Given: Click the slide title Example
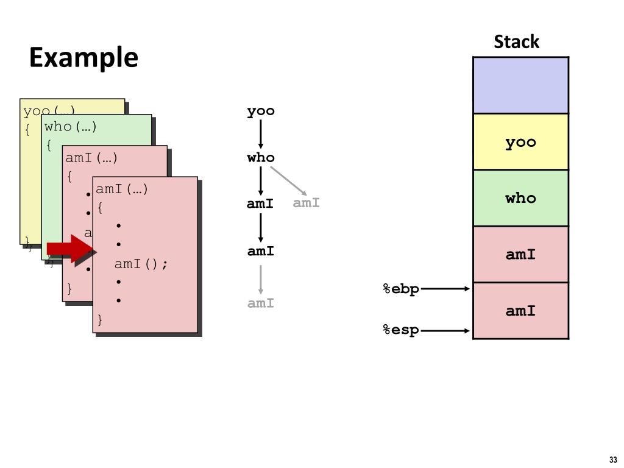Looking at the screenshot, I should (83, 58).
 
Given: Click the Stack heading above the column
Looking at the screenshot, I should (516, 42).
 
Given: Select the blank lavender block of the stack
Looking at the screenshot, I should (520, 85).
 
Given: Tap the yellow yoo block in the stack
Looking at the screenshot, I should (520, 142).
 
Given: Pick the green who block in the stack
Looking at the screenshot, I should (520, 198).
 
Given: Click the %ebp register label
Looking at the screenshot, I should (401, 289).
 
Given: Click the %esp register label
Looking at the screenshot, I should (401, 330).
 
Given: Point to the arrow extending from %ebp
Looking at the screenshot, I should (445, 289).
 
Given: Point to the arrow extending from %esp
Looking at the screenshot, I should (445, 331).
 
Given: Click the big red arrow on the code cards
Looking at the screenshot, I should (68, 248).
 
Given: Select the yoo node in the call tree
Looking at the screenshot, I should (261, 111).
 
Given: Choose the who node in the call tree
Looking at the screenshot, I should (261, 158).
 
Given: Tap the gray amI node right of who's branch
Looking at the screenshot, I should (306, 203).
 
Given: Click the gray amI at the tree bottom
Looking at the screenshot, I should (261, 303).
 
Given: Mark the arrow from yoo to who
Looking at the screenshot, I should (261, 134).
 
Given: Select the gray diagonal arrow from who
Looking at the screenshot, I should (288, 180).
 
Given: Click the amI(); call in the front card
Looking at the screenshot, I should (141, 264).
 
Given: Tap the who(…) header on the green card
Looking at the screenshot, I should (71, 127).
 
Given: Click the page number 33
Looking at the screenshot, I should (612, 459).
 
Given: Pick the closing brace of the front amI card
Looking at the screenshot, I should (100, 319).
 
